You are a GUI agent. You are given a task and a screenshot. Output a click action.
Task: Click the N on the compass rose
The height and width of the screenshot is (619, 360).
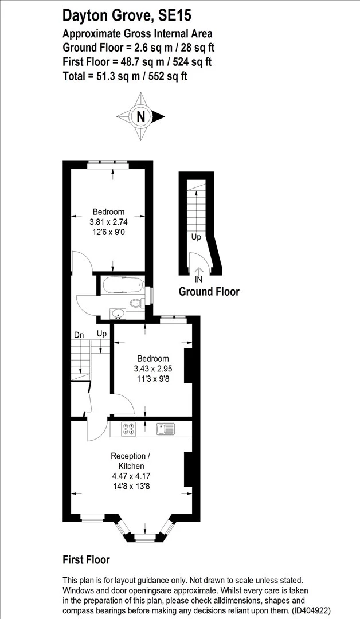[x=140, y=116]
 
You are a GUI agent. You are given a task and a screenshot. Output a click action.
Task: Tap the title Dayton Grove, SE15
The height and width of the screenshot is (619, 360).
[x=127, y=15]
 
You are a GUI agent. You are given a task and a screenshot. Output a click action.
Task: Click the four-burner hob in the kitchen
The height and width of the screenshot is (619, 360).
[x=128, y=429]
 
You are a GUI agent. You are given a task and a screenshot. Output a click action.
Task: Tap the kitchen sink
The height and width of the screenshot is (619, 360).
[x=166, y=429]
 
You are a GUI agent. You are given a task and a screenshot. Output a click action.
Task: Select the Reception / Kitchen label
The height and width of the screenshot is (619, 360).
[x=130, y=461]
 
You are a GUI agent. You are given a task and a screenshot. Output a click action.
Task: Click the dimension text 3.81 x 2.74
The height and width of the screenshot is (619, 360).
[x=108, y=222]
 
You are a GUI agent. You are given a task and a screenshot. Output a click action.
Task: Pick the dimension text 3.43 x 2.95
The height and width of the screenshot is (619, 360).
[x=153, y=369]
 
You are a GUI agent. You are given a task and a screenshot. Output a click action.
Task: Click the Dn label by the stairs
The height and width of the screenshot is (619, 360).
[x=79, y=335]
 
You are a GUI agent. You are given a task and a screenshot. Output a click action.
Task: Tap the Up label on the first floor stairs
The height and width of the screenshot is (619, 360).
[x=102, y=334]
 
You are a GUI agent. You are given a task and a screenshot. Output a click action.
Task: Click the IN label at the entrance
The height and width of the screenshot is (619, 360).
[x=198, y=280]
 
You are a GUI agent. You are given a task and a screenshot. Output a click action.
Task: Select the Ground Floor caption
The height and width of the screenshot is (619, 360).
[x=209, y=292]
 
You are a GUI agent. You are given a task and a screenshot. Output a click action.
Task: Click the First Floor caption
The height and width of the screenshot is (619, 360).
[x=87, y=559]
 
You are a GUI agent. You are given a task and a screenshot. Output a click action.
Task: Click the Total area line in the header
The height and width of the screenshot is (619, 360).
[x=125, y=76]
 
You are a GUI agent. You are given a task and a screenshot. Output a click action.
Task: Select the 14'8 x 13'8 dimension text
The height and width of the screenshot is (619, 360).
[x=131, y=487]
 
